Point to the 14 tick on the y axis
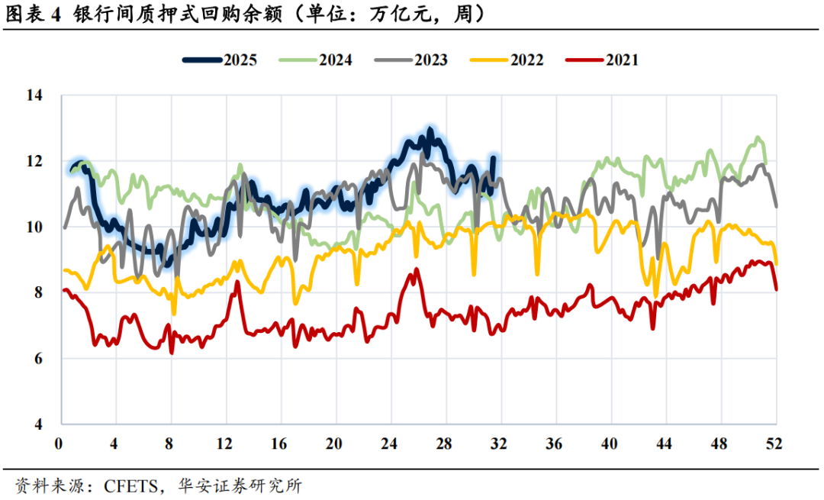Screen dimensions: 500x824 (34, 95)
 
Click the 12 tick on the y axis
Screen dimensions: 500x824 (34, 161)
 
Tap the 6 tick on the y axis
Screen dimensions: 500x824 (37, 358)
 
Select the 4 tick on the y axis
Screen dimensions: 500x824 (37, 424)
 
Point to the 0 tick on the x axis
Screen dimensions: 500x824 (59, 444)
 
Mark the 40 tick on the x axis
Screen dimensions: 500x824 (609, 444)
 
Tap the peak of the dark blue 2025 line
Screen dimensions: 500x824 (430, 130)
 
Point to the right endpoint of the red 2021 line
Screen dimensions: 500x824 (776, 289)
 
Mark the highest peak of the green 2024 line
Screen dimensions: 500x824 (758, 138)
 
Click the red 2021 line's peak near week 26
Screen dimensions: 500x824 (416, 269)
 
